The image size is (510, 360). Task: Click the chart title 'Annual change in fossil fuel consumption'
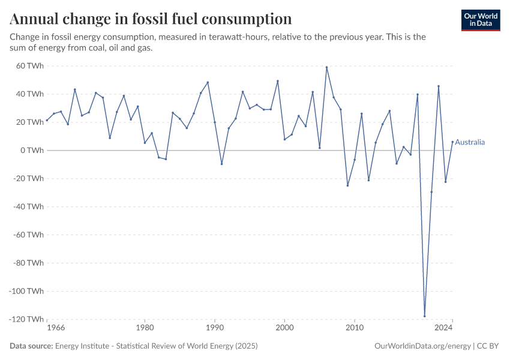click(x=151, y=19)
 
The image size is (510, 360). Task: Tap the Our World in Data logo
click(x=481, y=20)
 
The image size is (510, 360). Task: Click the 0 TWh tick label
click(x=32, y=150)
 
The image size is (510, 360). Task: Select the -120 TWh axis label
click(x=26, y=319)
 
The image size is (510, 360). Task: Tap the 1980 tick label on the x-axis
click(x=145, y=328)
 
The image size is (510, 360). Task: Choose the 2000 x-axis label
click(x=284, y=328)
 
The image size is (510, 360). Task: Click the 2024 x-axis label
click(x=443, y=328)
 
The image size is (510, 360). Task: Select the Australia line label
click(x=470, y=142)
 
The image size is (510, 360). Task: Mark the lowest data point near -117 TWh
click(x=424, y=316)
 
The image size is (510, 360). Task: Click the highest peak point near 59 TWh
click(x=326, y=67)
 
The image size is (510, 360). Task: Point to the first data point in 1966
click(x=47, y=120)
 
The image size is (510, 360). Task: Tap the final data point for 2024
click(x=452, y=142)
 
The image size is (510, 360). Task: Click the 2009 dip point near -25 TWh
click(x=347, y=185)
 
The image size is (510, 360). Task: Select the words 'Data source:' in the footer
click(x=31, y=346)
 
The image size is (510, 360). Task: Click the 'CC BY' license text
click(x=489, y=346)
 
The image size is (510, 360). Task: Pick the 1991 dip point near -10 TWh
click(x=221, y=164)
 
